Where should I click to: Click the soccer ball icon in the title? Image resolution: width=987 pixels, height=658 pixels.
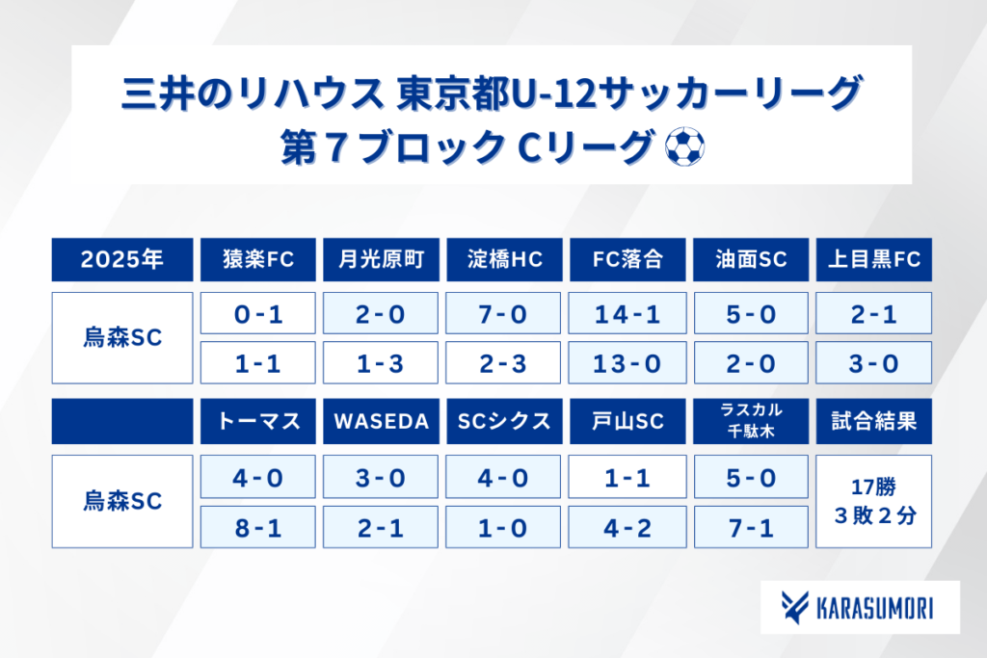tap(685, 146)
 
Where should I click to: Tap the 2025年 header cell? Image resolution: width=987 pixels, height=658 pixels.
tap(122, 259)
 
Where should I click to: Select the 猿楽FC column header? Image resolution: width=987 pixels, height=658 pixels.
tap(258, 259)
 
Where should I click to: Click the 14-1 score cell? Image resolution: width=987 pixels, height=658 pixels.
tap(627, 313)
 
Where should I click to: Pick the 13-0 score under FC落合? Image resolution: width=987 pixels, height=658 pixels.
tap(627, 363)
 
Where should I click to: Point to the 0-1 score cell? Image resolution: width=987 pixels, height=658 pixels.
tap(258, 313)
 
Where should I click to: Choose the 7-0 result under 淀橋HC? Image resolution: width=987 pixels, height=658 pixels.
tap(503, 313)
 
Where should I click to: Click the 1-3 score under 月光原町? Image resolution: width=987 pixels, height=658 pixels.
tap(380, 363)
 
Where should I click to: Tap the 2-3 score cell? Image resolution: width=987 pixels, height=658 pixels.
tap(503, 363)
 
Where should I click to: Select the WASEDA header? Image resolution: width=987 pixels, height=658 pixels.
tap(381, 421)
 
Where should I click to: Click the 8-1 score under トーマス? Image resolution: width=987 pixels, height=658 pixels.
tap(258, 527)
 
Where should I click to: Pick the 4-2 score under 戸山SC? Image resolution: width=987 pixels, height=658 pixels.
tap(627, 527)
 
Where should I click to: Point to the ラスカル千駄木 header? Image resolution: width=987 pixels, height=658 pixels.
tap(750, 421)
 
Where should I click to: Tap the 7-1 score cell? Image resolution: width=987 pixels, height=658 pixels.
tap(751, 527)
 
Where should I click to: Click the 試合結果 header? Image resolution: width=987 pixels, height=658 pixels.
tap(873, 421)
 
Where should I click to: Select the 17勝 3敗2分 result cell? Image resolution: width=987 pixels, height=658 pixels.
tap(873, 501)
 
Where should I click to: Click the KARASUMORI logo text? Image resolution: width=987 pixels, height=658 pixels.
tap(874, 608)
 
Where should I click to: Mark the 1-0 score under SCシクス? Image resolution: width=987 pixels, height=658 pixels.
tap(503, 527)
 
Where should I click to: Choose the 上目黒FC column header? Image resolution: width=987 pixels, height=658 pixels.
tap(873, 259)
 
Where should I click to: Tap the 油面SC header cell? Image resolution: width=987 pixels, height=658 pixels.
tap(750, 259)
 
